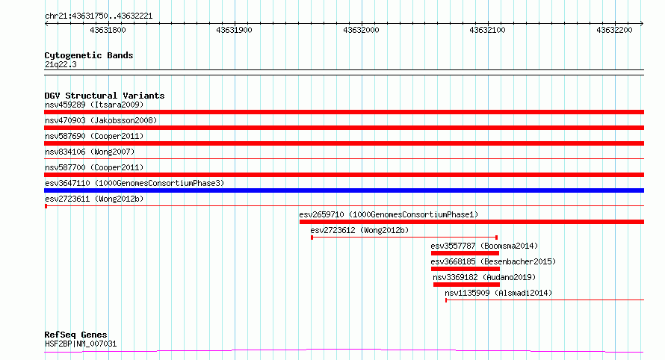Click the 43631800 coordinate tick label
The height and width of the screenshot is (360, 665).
tap(108, 30)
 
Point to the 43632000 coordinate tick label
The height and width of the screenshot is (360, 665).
tap(361, 30)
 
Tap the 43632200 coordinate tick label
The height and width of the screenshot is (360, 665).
tap(614, 30)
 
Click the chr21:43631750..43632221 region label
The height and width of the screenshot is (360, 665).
tap(99, 16)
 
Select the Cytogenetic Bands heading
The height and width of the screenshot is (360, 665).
tap(89, 55)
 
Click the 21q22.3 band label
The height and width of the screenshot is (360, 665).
tap(61, 64)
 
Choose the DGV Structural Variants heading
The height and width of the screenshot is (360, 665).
tap(105, 96)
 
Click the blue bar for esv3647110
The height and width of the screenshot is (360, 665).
tap(344, 190)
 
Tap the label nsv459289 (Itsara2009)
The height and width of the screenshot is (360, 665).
tap(94, 105)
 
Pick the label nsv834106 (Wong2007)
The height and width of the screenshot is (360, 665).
tap(90, 152)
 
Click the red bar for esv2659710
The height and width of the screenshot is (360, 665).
tap(471, 222)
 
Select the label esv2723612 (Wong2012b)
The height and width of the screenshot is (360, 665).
tap(359, 230)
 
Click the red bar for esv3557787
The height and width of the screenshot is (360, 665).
tap(465, 253)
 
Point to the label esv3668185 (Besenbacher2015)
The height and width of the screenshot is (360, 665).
tap(493, 261)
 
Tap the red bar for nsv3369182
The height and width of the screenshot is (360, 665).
tap(466, 285)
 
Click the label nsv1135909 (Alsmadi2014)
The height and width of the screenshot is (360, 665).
tap(498, 293)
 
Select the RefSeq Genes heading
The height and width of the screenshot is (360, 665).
tap(75, 335)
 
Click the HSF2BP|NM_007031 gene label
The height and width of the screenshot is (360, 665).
tap(81, 344)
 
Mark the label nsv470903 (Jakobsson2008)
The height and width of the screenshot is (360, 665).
tap(101, 120)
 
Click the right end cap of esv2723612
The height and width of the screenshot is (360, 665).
tap(497, 238)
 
